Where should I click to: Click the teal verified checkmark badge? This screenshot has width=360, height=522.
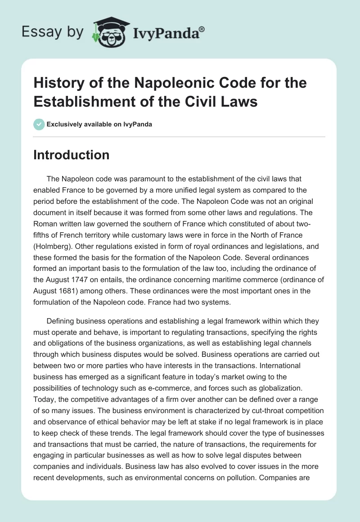(x=39, y=124)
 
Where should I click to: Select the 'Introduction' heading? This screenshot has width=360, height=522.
(x=71, y=155)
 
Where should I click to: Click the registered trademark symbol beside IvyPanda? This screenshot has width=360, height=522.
(x=202, y=29)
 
